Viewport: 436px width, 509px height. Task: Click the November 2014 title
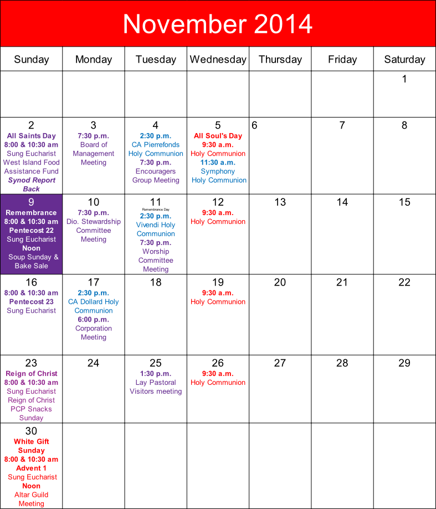tap(218, 24)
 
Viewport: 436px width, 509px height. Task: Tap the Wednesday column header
tap(218, 59)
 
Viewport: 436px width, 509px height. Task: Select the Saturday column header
tap(404, 59)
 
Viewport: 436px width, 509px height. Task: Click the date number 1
tap(404, 79)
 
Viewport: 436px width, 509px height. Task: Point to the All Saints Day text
tap(32, 136)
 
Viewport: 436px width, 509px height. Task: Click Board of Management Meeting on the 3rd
tap(94, 154)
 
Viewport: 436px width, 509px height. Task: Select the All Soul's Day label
tap(218, 136)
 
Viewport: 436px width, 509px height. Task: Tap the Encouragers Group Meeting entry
tap(156, 176)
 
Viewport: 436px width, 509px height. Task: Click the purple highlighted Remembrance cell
tap(32, 234)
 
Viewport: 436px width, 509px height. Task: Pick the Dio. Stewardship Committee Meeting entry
tap(94, 230)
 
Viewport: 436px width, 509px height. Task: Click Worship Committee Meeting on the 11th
tap(156, 260)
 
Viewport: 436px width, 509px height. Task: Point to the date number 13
tap(280, 202)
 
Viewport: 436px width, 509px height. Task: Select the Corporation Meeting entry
tap(94, 333)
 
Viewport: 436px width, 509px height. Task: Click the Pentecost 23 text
tap(32, 302)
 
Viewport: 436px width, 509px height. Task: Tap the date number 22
tap(404, 283)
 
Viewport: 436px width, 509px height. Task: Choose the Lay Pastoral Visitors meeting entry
tap(156, 387)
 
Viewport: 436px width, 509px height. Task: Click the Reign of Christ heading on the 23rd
tap(32, 374)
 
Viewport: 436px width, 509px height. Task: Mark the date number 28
tap(342, 363)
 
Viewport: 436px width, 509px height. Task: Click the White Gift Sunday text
tap(32, 446)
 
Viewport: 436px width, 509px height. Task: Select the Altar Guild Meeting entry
tap(32, 499)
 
